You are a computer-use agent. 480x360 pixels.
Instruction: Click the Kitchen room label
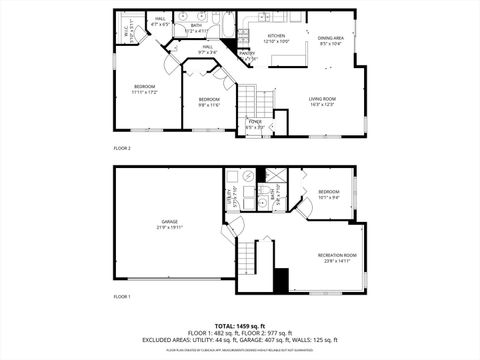(x=276, y=37)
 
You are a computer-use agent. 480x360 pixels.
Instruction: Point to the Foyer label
(x=255, y=125)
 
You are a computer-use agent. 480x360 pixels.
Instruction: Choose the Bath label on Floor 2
(x=197, y=28)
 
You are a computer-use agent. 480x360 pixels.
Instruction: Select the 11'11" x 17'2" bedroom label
(x=146, y=88)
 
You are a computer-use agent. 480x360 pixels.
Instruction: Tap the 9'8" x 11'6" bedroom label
(x=208, y=101)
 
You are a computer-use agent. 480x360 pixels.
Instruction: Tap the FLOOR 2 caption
(x=122, y=148)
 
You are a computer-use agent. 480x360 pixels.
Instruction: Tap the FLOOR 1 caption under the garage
(x=122, y=297)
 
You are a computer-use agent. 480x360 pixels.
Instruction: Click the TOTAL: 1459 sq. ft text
(x=240, y=326)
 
